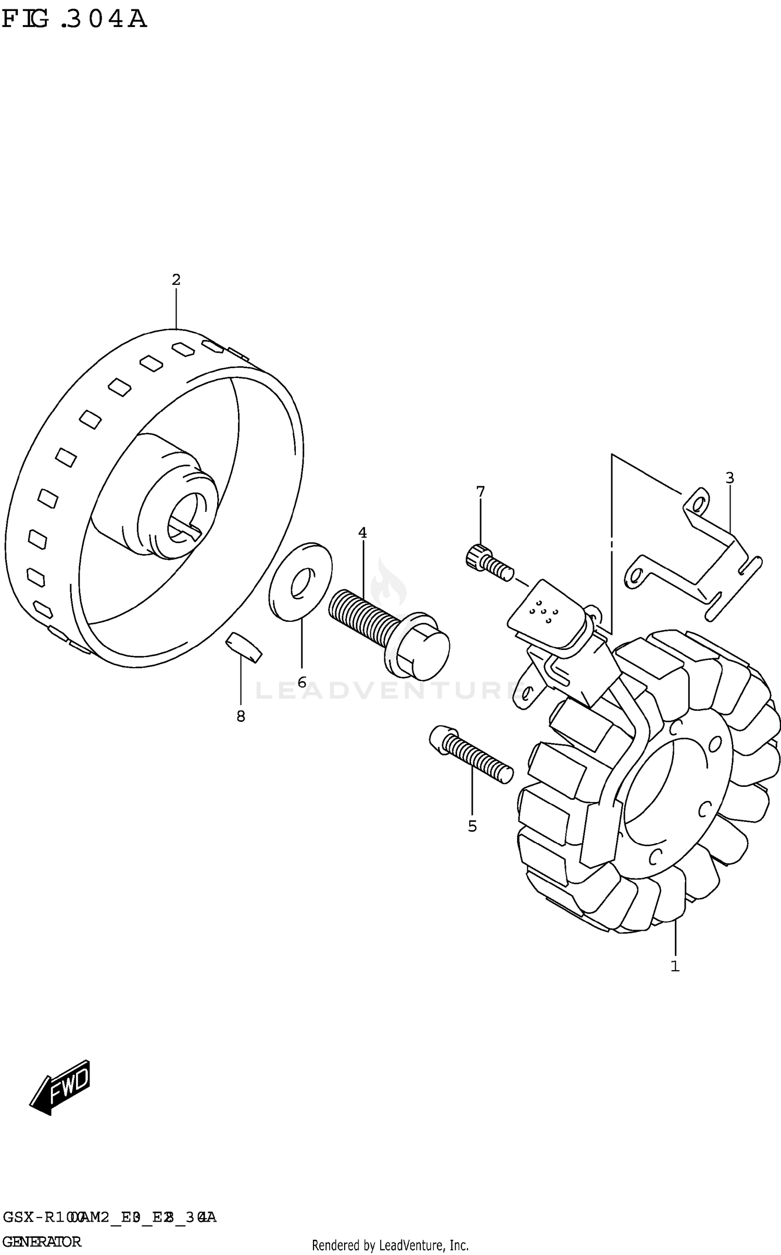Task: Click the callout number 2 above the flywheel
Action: [176, 280]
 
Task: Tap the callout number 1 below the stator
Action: [675, 966]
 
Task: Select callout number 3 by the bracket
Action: [729, 477]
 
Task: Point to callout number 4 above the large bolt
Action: [362, 533]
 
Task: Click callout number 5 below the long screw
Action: [472, 826]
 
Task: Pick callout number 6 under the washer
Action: [302, 682]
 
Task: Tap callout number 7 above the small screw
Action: [480, 491]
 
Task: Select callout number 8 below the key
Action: [241, 717]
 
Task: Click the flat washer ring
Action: [301, 582]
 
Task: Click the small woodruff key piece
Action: [243, 648]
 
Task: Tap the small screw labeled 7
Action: [489, 562]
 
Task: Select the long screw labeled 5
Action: [471, 754]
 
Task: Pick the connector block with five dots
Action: [544, 613]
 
